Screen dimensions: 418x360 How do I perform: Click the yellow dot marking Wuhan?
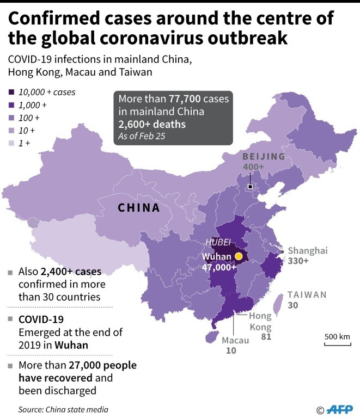click(x=238, y=256)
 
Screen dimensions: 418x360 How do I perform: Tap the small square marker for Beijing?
click(x=249, y=187)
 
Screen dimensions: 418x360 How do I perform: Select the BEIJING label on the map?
click(x=264, y=157)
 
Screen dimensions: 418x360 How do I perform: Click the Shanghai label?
click(x=308, y=250)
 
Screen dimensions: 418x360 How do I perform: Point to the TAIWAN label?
click(x=307, y=294)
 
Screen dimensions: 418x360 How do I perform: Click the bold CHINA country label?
click(x=139, y=208)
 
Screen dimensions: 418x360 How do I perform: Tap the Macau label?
click(x=236, y=340)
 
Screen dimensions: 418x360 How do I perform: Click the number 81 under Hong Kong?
click(x=266, y=336)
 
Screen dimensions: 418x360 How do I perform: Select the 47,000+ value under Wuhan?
click(x=218, y=267)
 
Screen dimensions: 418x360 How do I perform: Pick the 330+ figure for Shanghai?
click(x=298, y=261)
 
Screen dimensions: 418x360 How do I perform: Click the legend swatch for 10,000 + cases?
click(x=11, y=93)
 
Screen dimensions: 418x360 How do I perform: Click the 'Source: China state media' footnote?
click(x=63, y=409)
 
